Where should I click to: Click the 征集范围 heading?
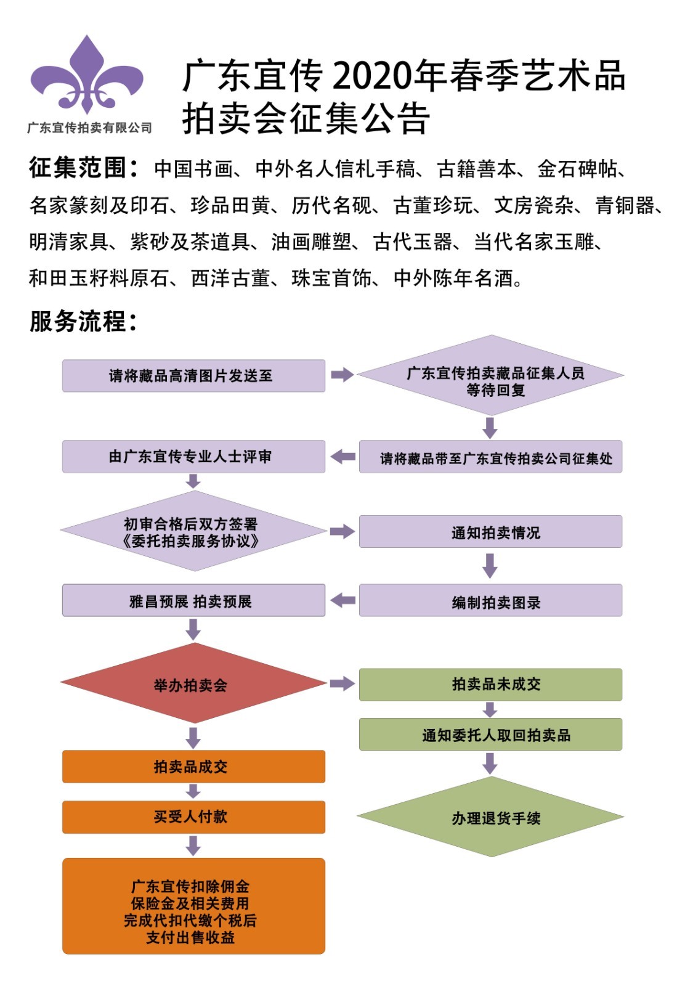[x=83, y=168]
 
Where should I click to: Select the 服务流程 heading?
[x=83, y=321]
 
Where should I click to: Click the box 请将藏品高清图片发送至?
[x=193, y=376]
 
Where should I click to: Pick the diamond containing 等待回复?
[x=490, y=375]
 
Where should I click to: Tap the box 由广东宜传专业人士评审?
[x=193, y=457]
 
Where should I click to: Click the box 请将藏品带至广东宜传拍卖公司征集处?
[x=490, y=457]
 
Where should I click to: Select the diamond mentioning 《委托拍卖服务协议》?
[x=193, y=531]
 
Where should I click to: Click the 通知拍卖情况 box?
[x=490, y=532]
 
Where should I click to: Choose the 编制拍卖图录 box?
[x=490, y=601]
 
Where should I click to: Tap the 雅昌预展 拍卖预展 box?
[x=193, y=601]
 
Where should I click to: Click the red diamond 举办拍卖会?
[x=193, y=683]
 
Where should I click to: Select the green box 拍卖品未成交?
[x=490, y=685]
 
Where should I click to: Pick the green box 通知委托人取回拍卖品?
[x=490, y=735]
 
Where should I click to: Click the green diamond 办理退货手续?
[x=490, y=817]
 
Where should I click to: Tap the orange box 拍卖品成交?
[x=193, y=767]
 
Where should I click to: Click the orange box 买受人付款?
[x=193, y=817]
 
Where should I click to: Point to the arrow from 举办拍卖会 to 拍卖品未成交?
[x=342, y=683]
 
